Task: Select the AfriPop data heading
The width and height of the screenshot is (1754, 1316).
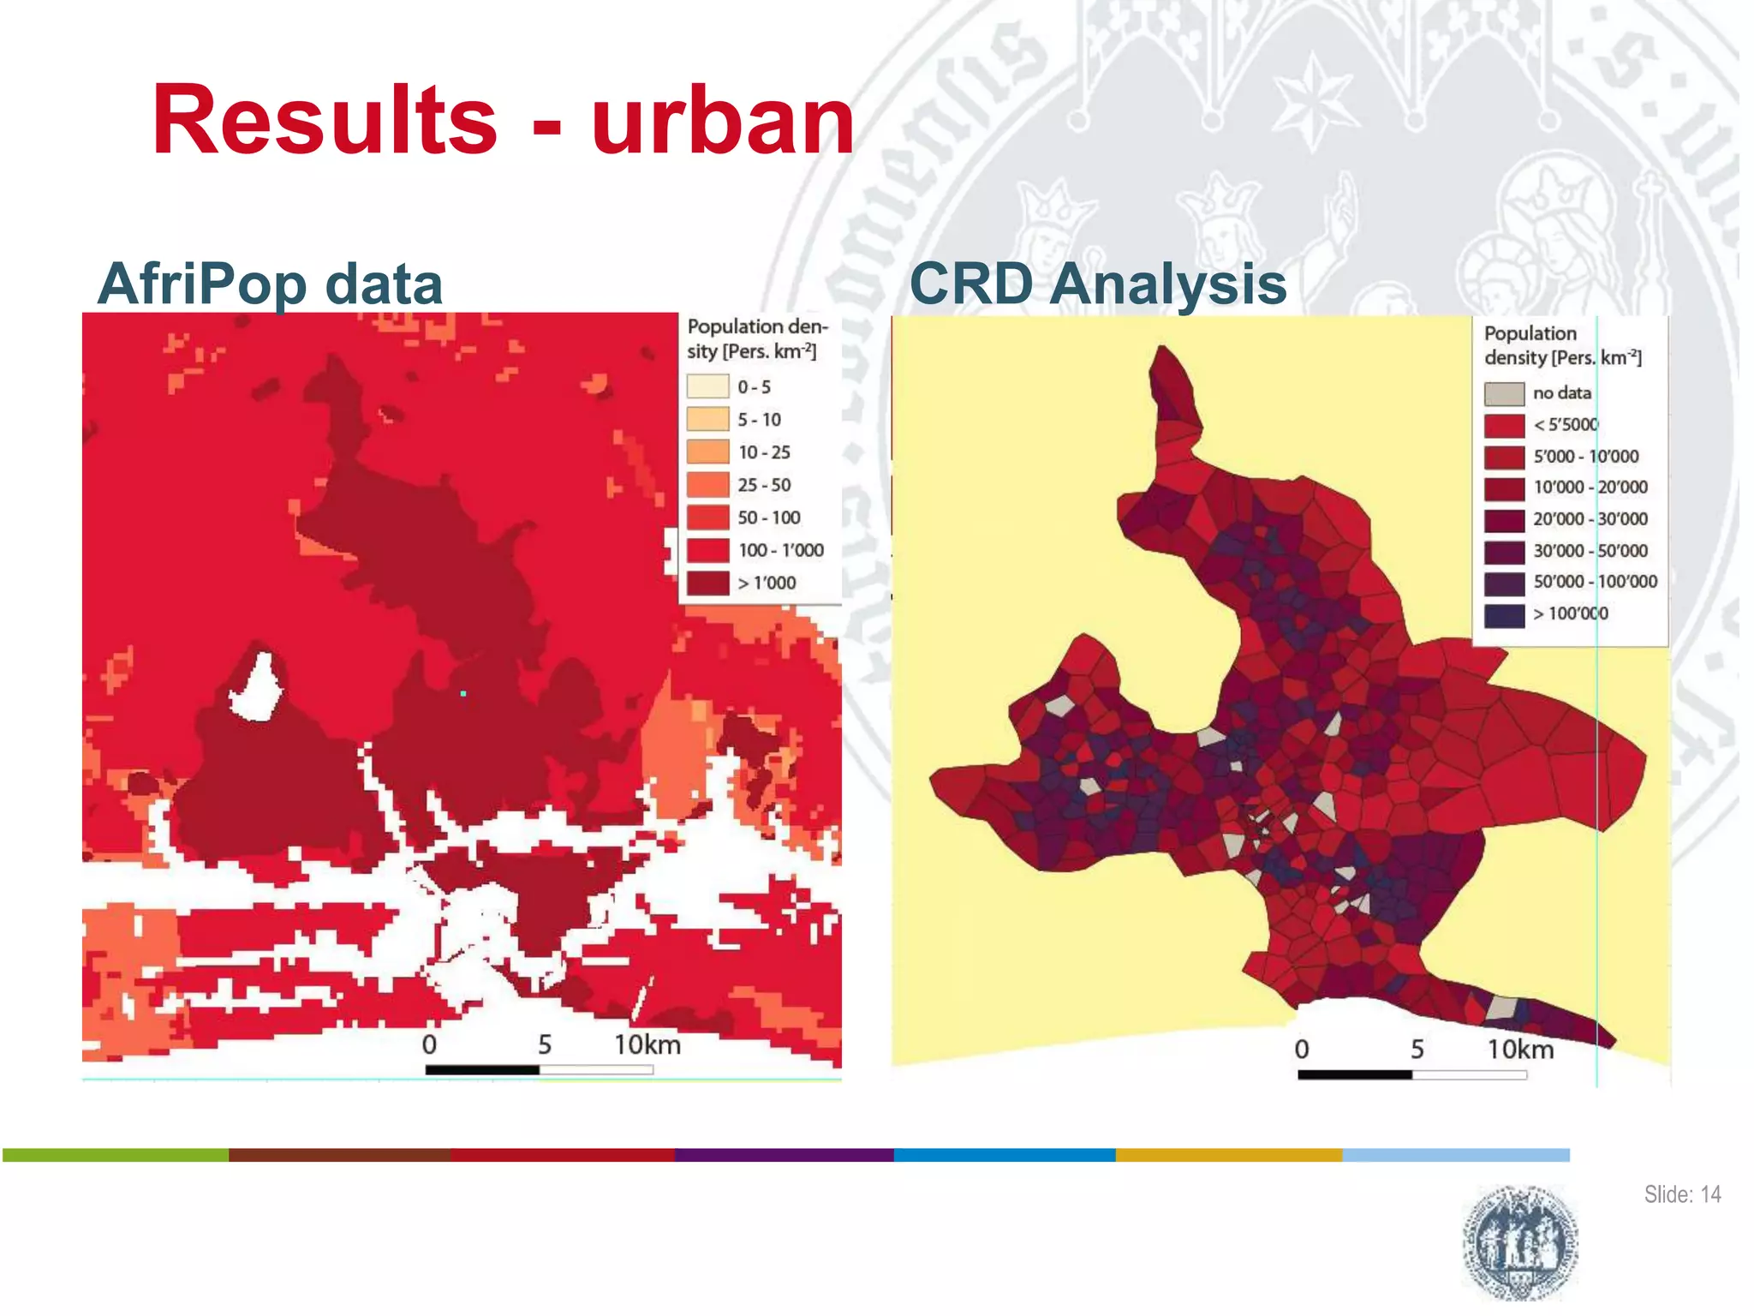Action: (270, 284)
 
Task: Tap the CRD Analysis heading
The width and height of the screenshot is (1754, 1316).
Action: (1097, 284)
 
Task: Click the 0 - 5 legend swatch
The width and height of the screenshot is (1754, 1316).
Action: (707, 386)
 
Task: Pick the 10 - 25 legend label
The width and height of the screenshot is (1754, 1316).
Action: (764, 452)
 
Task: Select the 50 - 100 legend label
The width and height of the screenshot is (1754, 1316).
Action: (768, 517)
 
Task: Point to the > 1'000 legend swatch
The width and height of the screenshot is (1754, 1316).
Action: (707, 583)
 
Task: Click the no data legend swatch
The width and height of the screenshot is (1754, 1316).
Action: (1504, 393)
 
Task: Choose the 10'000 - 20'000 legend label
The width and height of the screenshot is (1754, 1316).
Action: (1590, 488)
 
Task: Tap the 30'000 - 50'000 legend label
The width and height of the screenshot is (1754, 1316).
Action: (1590, 551)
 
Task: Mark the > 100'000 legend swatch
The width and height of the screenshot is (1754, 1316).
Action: (1504, 614)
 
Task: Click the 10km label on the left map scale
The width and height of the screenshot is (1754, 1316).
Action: (647, 1044)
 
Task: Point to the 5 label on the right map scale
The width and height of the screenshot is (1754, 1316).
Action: (1417, 1050)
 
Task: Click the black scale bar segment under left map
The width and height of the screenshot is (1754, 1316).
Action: (482, 1069)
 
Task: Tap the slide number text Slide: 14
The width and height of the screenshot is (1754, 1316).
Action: (1681, 1194)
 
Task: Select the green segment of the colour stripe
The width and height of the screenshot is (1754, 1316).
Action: (116, 1155)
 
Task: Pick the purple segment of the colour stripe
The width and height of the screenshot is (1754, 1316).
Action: (784, 1155)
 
